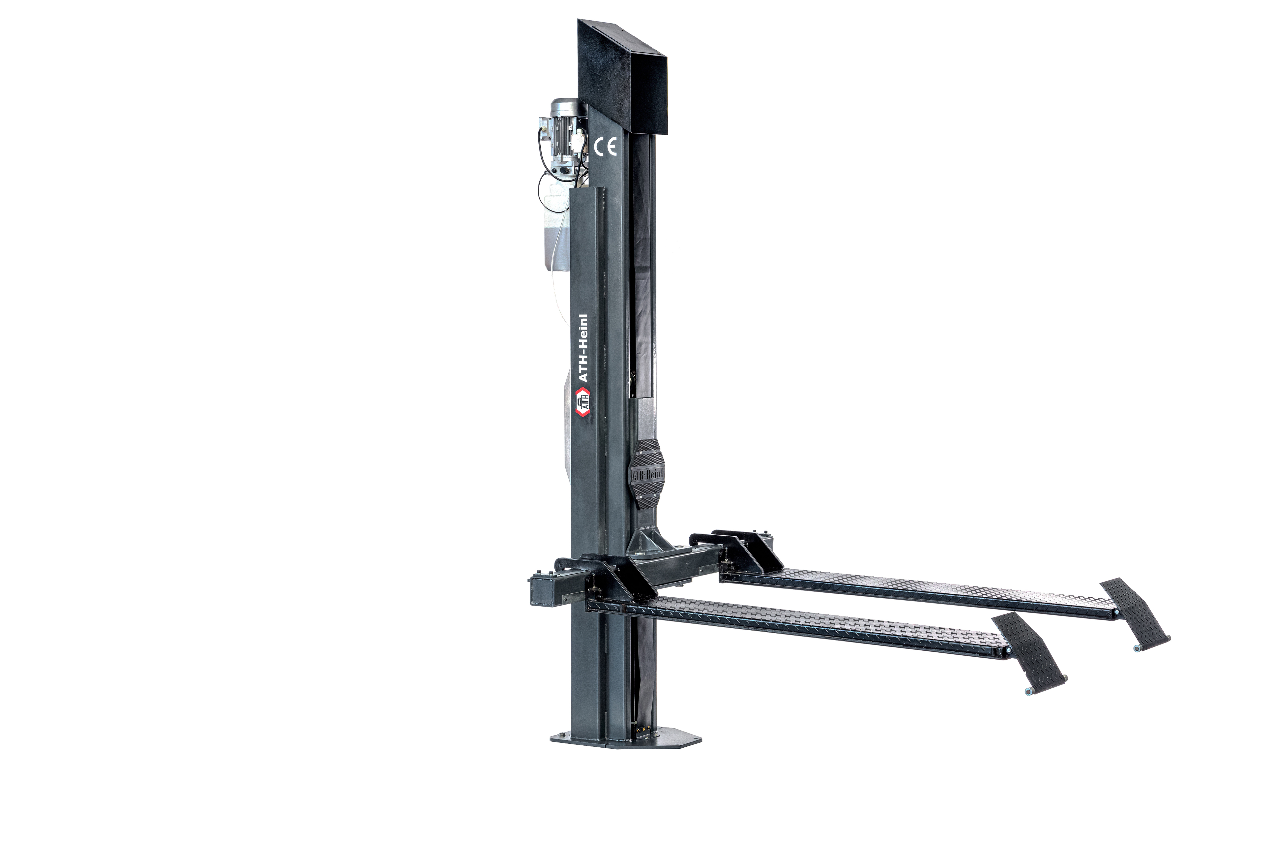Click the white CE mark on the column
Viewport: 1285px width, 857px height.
(605, 147)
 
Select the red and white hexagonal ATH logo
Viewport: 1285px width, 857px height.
(583, 402)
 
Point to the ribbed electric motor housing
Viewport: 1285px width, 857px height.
(563, 134)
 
